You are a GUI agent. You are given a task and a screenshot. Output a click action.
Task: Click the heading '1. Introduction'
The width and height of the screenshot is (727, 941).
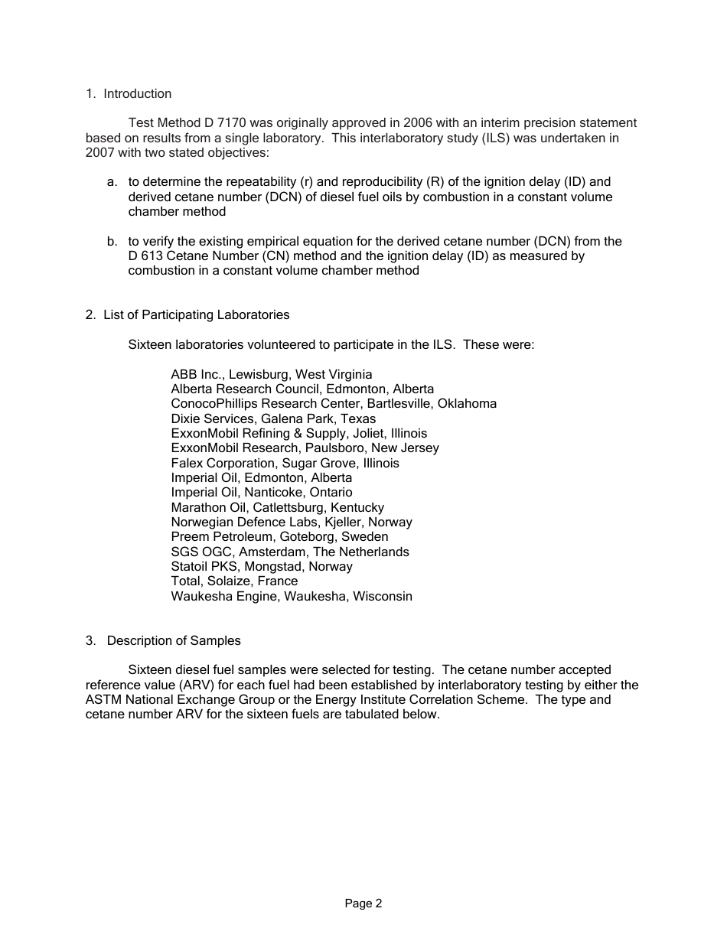[x=129, y=94]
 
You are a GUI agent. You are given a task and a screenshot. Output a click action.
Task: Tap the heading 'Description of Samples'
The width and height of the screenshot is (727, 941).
[x=173, y=640]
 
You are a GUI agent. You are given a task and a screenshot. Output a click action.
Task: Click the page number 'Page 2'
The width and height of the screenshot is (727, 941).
[x=363, y=904]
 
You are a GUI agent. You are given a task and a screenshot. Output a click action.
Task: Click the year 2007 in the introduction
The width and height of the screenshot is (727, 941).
[x=100, y=152]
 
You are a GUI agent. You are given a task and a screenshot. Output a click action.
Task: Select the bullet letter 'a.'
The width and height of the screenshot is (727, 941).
[x=112, y=182]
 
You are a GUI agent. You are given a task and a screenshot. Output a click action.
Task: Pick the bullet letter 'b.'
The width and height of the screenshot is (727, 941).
[x=112, y=242]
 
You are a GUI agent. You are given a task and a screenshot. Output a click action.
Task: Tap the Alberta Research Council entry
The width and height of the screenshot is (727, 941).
[x=302, y=389]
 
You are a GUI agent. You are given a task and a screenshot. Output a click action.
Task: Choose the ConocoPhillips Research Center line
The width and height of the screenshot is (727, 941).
[x=334, y=403]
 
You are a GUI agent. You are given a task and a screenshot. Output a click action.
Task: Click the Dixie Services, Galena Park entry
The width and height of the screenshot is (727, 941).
[x=273, y=418]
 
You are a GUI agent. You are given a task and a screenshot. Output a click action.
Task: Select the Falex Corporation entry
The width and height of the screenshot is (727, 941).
[x=285, y=463]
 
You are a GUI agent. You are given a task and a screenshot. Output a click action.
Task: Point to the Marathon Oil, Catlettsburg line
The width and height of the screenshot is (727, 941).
[x=277, y=507]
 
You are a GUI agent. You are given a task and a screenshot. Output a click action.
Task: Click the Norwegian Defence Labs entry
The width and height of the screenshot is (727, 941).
[x=292, y=522]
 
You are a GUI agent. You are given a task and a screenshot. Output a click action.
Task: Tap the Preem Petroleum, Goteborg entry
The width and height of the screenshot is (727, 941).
[x=279, y=536]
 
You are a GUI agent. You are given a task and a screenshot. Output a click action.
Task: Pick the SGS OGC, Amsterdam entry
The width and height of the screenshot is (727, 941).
[x=290, y=552]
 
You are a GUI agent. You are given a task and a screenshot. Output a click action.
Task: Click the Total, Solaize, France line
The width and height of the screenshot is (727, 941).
[x=234, y=581]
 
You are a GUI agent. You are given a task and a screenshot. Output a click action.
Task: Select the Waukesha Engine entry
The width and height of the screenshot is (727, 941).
[x=292, y=596]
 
